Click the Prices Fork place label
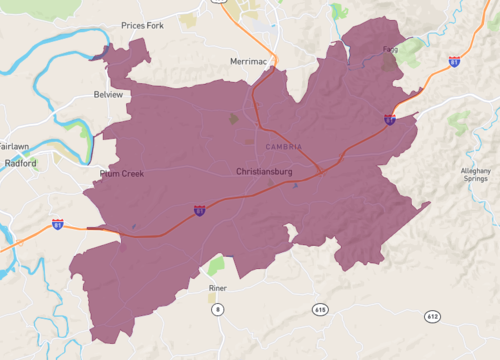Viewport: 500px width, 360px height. point(141,25)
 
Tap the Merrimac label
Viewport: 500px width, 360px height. point(249,61)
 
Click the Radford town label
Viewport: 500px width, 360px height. point(20,163)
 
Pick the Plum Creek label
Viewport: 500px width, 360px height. point(122,173)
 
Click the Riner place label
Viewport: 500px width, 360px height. point(218,288)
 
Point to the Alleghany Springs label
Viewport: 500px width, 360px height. point(476,178)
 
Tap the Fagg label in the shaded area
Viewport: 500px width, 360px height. point(390,49)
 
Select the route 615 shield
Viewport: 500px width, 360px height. point(319,309)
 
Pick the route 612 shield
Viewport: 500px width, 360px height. point(432,316)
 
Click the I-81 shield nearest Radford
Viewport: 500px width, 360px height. point(58,224)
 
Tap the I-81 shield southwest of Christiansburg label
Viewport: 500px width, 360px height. point(199,211)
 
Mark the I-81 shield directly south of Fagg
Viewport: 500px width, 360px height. point(388,119)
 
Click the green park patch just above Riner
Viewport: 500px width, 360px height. point(217,265)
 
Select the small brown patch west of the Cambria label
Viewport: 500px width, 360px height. point(234,119)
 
